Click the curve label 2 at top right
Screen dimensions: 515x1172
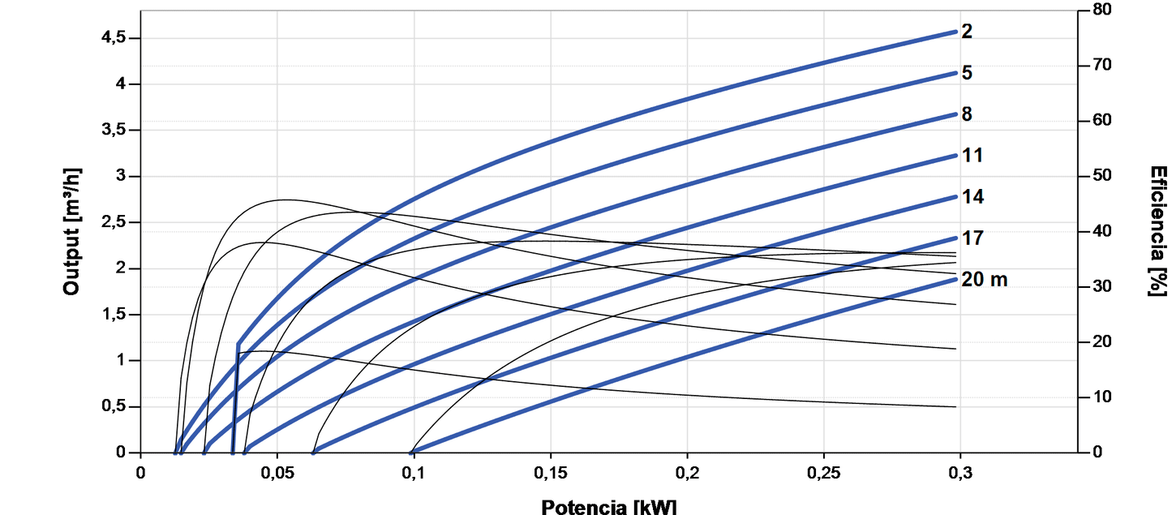click(967, 32)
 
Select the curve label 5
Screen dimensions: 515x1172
click(967, 73)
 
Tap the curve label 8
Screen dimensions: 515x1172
click(967, 114)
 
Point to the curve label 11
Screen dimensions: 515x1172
click(972, 156)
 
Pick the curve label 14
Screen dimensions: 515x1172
click(972, 197)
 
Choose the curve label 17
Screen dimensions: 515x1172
click(972, 238)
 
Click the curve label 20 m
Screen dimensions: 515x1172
click(984, 280)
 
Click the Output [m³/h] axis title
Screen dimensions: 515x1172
click(71, 233)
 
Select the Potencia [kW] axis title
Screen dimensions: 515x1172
click(608, 507)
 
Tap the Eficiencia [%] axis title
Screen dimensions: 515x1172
click(1158, 231)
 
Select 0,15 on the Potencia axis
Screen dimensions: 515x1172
click(551, 472)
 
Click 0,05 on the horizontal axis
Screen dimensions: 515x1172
click(277, 472)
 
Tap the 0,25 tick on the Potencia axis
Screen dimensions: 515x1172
click(824, 472)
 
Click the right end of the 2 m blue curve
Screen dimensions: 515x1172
click(956, 32)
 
